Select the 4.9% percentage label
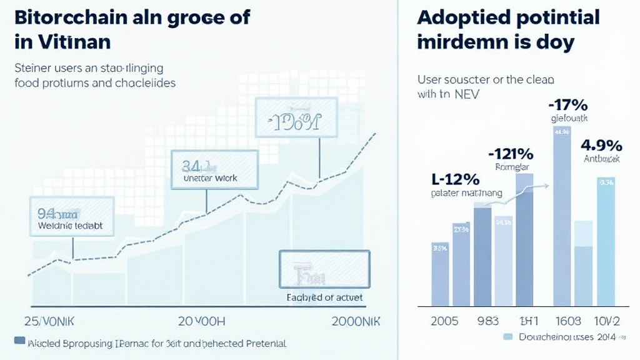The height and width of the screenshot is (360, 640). (601, 145)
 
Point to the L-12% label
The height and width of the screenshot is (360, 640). (455, 179)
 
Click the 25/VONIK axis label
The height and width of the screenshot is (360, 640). (49, 321)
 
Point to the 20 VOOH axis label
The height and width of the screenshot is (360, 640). (202, 321)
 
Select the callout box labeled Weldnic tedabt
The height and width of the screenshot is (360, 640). (72, 216)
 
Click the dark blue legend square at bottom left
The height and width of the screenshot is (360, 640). (19, 342)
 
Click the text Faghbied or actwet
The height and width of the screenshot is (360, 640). (324, 297)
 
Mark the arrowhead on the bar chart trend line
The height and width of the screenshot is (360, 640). (547, 185)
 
